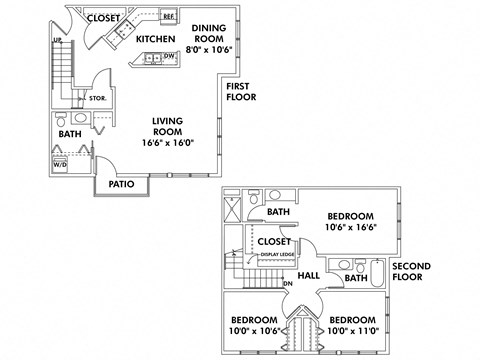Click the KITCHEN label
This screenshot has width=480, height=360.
156,39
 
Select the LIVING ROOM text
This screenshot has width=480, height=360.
172,127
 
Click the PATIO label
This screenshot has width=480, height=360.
122,183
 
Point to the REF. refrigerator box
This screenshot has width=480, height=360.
169,16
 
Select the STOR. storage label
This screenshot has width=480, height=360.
98,98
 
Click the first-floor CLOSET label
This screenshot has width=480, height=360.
104,18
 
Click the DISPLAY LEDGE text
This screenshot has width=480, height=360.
276,255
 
